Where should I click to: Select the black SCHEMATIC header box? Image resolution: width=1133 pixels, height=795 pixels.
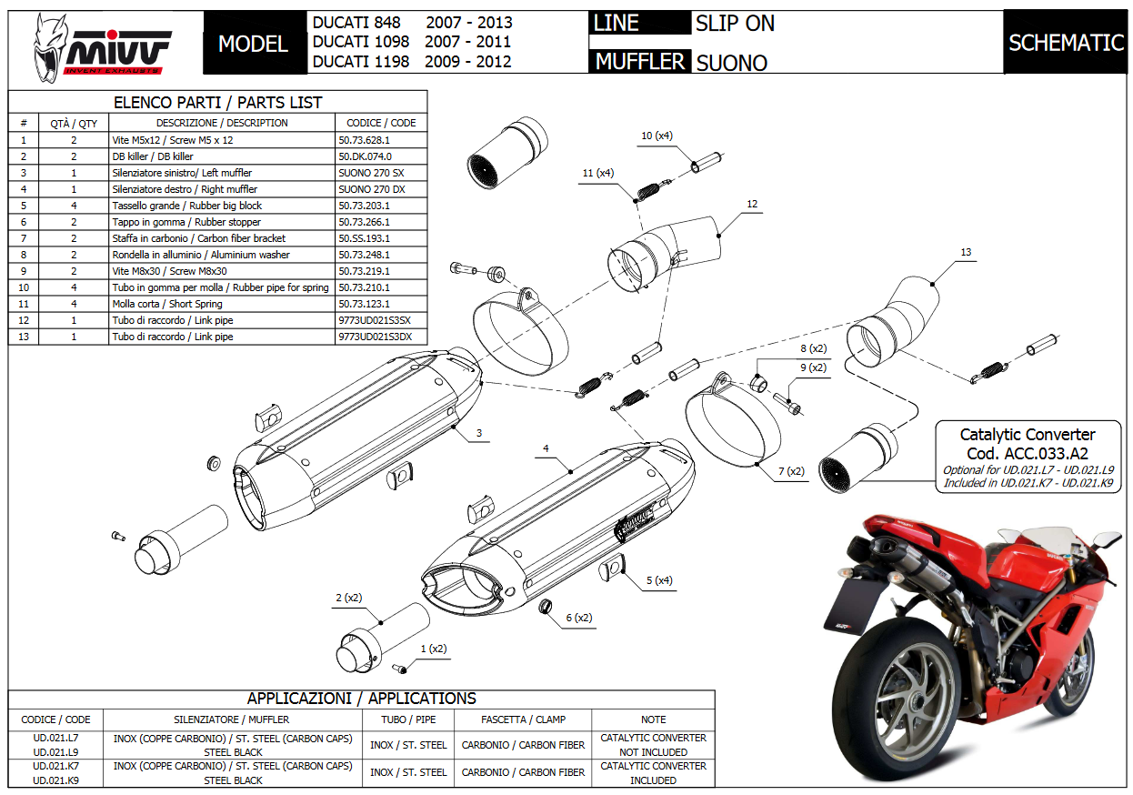[x=1066, y=43]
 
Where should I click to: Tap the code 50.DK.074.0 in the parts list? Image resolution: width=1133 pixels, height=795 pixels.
[x=364, y=156]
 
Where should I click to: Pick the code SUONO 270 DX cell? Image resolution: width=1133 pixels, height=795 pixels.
[x=372, y=189]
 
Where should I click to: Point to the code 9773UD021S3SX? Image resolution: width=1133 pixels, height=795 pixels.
[x=375, y=320]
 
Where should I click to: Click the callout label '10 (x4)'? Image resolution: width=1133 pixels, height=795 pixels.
[x=657, y=136]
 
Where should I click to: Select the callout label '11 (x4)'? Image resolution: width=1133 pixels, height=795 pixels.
[x=598, y=173]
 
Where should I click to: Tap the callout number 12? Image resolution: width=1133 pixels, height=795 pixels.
[x=752, y=205]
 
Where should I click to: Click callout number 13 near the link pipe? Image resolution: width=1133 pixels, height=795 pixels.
[x=966, y=252]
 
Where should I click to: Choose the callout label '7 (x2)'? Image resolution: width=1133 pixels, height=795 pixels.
[x=792, y=471]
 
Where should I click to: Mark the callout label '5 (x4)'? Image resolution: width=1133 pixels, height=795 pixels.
[x=659, y=580]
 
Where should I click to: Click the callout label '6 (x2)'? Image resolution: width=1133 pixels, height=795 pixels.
[x=579, y=618]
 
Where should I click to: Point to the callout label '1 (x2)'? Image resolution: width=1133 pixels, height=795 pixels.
[x=434, y=649]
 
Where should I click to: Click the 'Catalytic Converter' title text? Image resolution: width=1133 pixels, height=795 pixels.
[x=1028, y=435]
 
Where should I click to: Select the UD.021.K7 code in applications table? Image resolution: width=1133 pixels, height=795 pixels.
[x=55, y=766]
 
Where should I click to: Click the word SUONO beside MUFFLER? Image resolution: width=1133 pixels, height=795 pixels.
[x=731, y=63]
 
